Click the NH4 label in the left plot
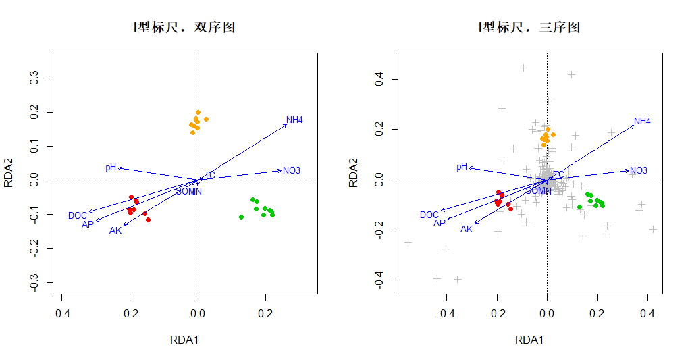point(294,120)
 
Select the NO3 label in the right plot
point(639,170)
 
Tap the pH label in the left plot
point(111,168)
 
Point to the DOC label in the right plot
point(429,215)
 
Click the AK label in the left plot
point(115,231)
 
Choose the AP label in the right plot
point(440,223)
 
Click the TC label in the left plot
point(210,176)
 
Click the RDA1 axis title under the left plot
point(184,340)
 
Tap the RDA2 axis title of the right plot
point(353,172)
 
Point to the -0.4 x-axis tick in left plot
point(62,313)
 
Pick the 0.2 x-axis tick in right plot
point(597,313)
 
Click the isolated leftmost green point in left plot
point(241,217)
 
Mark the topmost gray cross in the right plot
point(523,68)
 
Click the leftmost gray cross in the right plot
point(408,242)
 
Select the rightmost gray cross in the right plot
point(653,229)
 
